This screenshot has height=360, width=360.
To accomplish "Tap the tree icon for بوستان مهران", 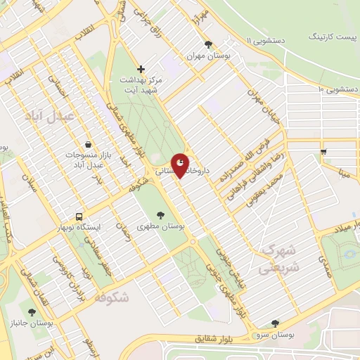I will pos(207,44).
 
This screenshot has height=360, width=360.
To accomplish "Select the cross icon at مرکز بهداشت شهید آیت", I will pos(141,69).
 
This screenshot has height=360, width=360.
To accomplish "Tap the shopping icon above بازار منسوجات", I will pos(87,143).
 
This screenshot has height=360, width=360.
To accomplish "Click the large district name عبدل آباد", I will pos(48,116).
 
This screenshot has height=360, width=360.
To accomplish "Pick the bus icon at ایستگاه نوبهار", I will pos(79,217).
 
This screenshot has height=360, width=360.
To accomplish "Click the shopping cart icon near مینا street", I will pos(323,150).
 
